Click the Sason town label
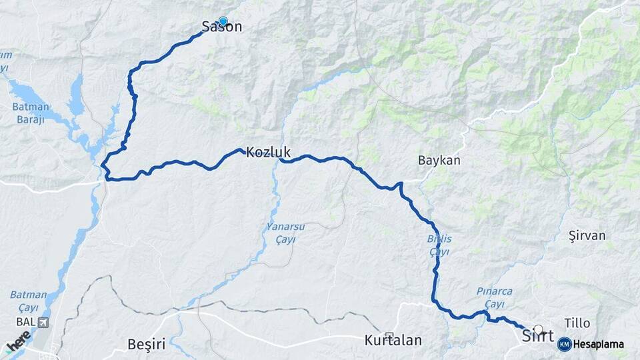(221, 27)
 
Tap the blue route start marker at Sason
(223, 21)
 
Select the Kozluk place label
(268, 152)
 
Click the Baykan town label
(439, 161)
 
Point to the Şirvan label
(587, 235)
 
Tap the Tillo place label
(577, 323)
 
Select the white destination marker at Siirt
(539, 329)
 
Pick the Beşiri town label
(146, 344)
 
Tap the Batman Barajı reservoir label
(31, 113)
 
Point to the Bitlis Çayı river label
(439, 245)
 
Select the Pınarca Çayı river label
(495, 297)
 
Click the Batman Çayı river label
(28, 300)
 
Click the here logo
(18, 341)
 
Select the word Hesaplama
(599, 344)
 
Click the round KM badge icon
(564, 344)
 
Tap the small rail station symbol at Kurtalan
(389, 335)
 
